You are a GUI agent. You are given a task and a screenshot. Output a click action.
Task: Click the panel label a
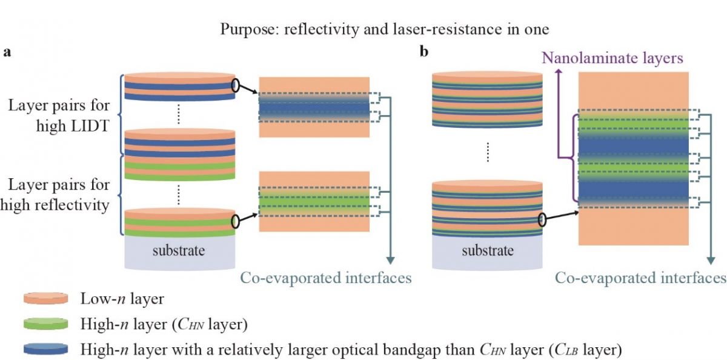click(x=7, y=52)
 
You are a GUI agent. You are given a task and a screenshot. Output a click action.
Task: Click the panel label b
click(x=424, y=52)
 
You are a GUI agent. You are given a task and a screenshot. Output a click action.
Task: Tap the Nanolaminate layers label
click(x=612, y=58)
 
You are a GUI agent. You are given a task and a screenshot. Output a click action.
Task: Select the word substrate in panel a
click(x=179, y=250)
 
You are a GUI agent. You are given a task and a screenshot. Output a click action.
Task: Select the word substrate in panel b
click(x=488, y=250)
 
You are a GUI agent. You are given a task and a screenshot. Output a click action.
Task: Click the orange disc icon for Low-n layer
click(x=46, y=298)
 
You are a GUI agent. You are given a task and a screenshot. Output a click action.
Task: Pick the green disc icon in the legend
click(x=46, y=324)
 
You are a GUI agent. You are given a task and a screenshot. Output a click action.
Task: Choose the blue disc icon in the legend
click(x=46, y=349)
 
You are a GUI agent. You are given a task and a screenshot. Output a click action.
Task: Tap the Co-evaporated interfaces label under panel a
click(x=326, y=278)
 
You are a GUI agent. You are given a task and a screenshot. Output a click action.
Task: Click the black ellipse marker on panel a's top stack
click(x=235, y=85)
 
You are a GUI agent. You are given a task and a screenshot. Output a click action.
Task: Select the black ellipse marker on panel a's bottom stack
click(x=235, y=221)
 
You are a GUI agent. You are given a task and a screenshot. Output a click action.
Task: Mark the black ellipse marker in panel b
click(x=542, y=220)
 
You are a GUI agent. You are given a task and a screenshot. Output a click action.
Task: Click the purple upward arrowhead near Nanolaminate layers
click(x=559, y=72)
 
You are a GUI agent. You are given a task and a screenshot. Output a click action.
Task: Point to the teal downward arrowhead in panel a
click(x=390, y=261)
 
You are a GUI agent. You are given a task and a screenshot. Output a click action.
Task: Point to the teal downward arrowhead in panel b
click(x=711, y=261)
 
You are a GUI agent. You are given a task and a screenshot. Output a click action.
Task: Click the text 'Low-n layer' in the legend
click(x=122, y=299)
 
